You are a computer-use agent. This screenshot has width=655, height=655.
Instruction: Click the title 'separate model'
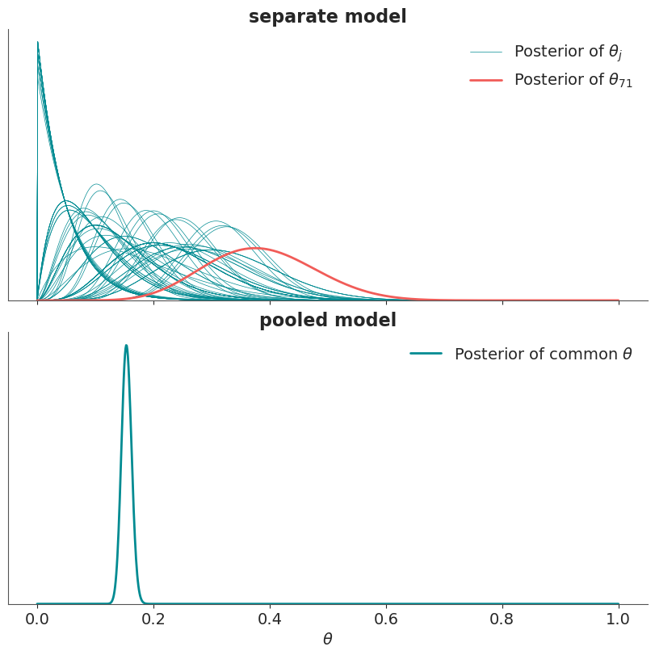click(328, 17)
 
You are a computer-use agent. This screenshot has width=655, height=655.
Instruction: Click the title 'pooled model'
click(328, 321)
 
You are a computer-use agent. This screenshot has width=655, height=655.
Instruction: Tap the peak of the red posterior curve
click(256, 249)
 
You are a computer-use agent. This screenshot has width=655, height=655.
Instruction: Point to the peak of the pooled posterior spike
click(126, 346)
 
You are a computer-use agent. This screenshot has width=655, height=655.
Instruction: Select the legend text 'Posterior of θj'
click(569, 52)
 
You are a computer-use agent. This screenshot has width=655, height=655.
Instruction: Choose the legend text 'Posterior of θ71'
click(573, 80)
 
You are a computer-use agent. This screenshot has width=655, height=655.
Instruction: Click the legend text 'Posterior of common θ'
click(543, 354)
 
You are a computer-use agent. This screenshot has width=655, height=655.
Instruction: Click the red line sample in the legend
click(486, 80)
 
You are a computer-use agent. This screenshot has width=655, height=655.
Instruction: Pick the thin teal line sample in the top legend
click(486, 52)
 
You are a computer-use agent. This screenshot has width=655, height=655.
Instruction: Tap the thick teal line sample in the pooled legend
click(426, 354)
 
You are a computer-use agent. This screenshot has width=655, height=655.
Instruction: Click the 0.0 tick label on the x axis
click(37, 619)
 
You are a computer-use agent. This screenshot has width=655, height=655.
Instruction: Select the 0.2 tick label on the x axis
click(153, 619)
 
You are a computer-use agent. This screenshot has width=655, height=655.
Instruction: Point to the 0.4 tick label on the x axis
click(270, 619)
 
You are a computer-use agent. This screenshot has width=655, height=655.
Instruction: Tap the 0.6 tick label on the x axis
click(386, 619)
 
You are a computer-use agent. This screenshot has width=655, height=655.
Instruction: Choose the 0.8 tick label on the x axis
click(502, 619)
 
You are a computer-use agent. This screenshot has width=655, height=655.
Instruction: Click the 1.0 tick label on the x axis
click(618, 619)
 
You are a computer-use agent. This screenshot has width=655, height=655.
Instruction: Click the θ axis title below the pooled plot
click(328, 639)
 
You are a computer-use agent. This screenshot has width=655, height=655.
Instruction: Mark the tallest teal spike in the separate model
click(38, 42)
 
